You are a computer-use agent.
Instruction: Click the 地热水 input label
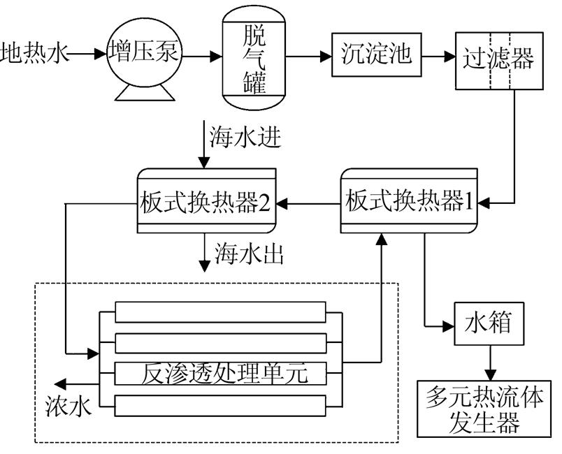click(x=35, y=52)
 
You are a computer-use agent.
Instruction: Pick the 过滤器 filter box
click(x=497, y=59)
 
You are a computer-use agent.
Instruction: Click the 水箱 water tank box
click(x=489, y=323)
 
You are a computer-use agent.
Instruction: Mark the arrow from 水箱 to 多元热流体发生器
click(x=489, y=362)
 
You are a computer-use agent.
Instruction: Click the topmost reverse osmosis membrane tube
click(x=220, y=311)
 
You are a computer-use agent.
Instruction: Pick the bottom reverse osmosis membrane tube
click(x=220, y=407)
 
